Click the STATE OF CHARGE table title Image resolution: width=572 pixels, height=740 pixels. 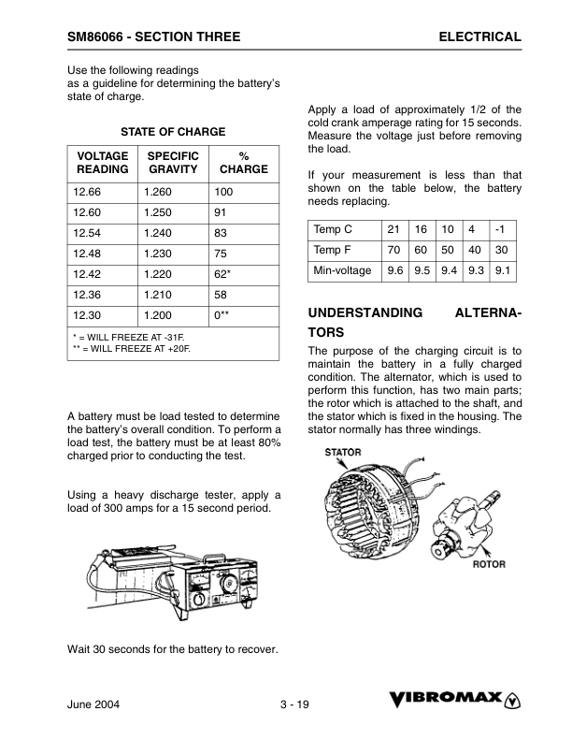pyautogui.click(x=173, y=132)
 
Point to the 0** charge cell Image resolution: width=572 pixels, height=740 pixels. pyautogui.click(x=222, y=316)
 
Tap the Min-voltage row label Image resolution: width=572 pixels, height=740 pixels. pyautogui.click(x=342, y=270)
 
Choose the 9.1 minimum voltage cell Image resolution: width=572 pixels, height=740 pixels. pyautogui.click(x=503, y=270)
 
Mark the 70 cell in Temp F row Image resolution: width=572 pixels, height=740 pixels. pyautogui.click(x=393, y=250)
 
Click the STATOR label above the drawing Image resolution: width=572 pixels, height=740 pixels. pyautogui.click(x=343, y=453)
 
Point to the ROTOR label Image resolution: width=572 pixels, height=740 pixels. pyautogui.click(x=489, y=564)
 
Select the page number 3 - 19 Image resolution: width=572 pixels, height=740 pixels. pyautogui.click(x=293, y=704)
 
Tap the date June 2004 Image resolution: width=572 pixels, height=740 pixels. pyautogui.click(x=93, y=704)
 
